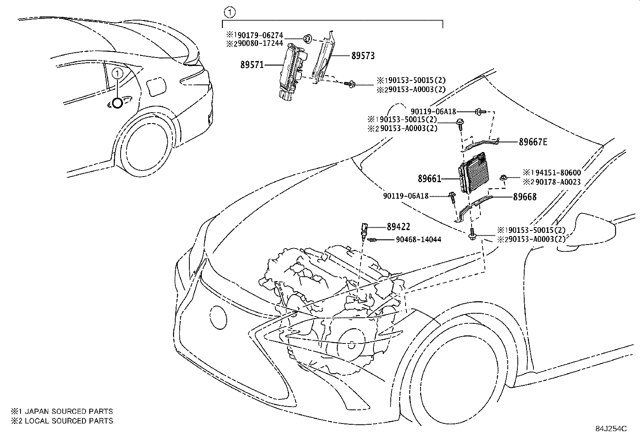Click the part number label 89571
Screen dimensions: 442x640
(x=252, y=64)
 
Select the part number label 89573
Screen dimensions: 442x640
(x=363, y=56)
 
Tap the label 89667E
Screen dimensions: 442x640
(x=533, y=142)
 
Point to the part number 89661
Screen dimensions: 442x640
(x=429, y=179)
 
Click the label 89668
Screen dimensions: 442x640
(x=524, y=197)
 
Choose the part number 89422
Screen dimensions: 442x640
(x=398, y=227)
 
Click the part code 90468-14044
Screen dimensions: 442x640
(x=418, y=240)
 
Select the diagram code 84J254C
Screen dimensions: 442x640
(x=611, y=429)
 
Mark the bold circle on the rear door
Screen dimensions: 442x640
(x=117, y=103)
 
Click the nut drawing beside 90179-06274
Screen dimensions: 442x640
(x=307, y=39)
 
